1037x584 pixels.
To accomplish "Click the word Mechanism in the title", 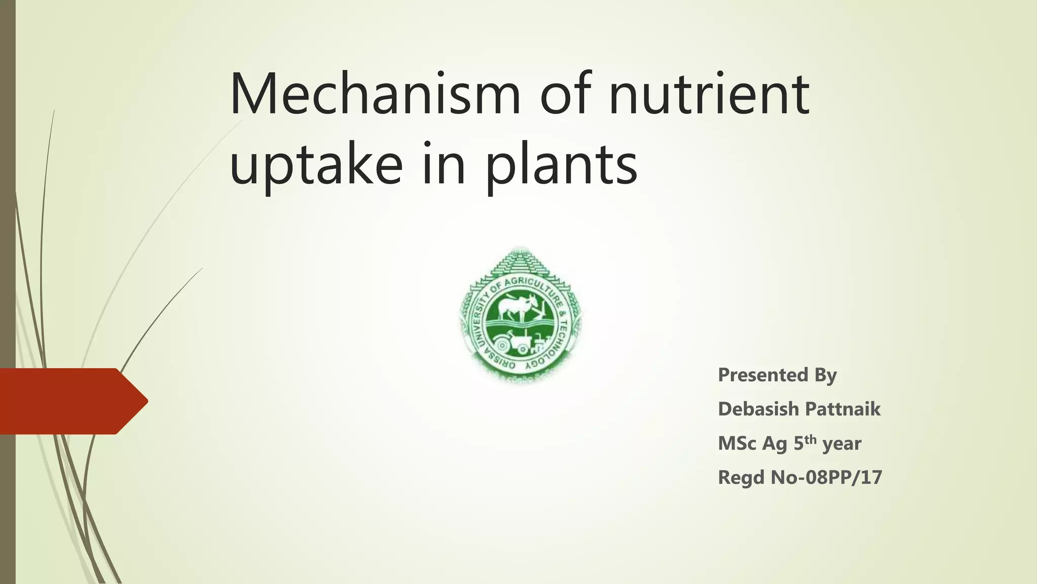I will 375,95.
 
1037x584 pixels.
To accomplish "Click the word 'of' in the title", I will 565,95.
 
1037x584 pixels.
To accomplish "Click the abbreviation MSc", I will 737,444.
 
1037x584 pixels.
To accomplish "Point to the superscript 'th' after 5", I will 811,439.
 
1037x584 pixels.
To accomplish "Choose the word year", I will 842,444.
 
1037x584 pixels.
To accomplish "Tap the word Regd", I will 741,478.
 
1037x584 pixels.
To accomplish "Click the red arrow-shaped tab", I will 71,401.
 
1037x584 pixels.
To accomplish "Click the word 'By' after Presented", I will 825,375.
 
